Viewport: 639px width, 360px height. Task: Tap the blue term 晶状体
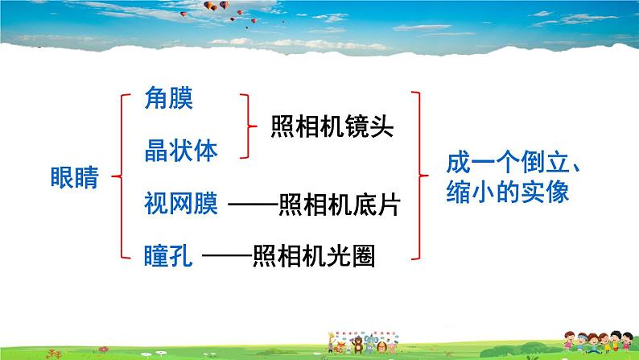point(181,149)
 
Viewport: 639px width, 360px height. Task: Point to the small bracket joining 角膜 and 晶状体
point(247,125)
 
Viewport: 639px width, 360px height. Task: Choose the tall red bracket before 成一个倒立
point(418,175)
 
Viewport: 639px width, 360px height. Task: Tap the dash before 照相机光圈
point(228,257)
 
